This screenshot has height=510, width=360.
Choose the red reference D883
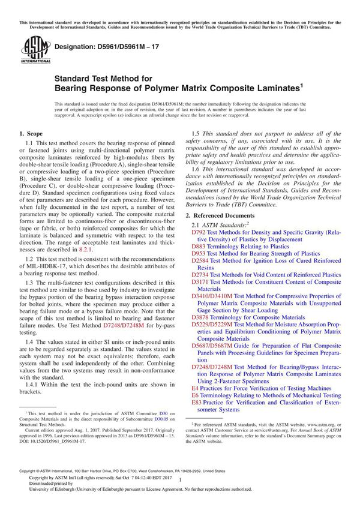tap(198, 246)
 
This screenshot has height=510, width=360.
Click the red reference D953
tap(198, 254)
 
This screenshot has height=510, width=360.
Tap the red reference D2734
tap(200, 275)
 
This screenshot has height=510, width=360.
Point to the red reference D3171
tap(200, 282)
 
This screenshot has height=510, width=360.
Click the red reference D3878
tap(200, 317)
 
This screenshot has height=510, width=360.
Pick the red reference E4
tap(195, 388)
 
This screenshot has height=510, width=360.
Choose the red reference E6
tap(195, 395)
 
